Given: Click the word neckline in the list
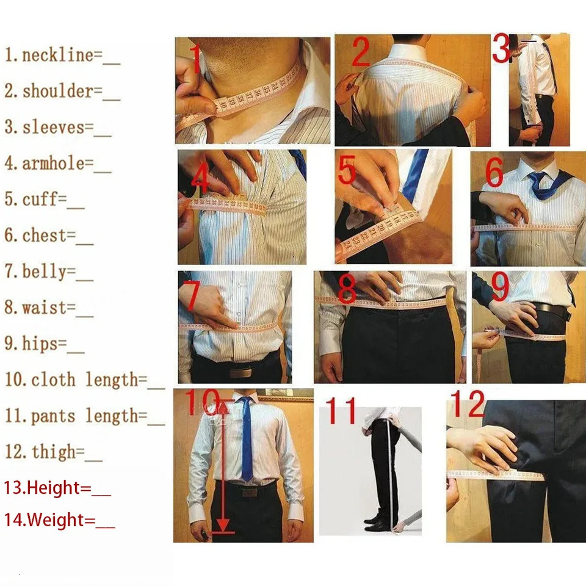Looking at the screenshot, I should pyautogui.click(x=58, y=56).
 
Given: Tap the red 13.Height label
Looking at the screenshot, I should pyautogui.click(x=57, y=488).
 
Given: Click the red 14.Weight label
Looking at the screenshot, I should pyautogui.click(x=59, y=521).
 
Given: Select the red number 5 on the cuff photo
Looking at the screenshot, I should pyautogui.click(x=347, y=171).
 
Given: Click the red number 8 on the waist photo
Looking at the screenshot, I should pyautogui.click(x=346, y=291).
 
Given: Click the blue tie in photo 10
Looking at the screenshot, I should pyautogui.click(x=245, y=440).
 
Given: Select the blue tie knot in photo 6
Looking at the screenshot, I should pyautogui.click(x=537, y=179).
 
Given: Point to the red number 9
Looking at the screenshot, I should pyautogui.click(x=500, y=287).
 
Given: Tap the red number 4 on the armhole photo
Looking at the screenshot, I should pyautogui.click(x=200, y=181).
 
